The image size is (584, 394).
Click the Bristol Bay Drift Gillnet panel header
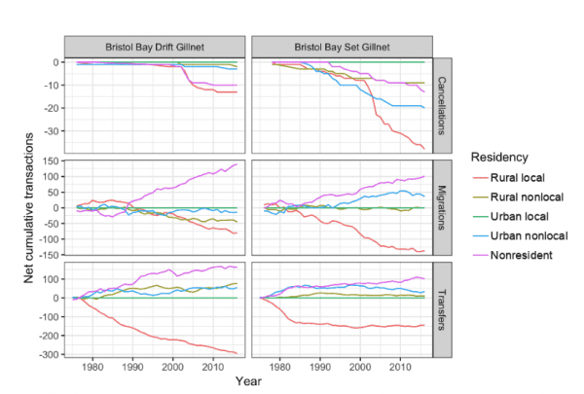pyautogui.click(x=155, y=46)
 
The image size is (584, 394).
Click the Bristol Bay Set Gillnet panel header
pyautogui.click(x=343, y=46)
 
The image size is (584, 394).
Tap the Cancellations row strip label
pyautogui.click(x=443, y=103)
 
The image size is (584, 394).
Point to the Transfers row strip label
pyautogui.click(x=443, y=308)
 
